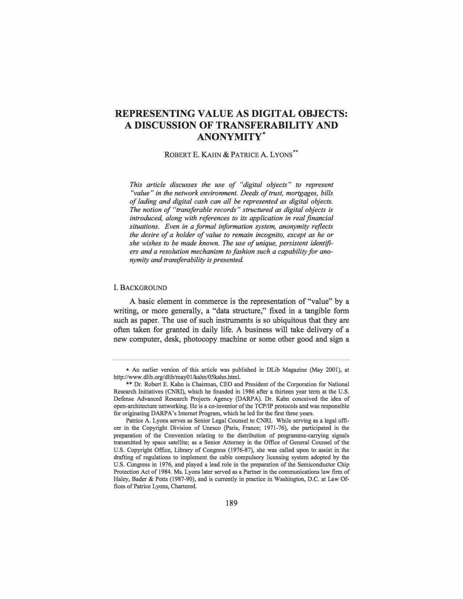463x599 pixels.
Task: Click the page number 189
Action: pyautogui.click(x=231, y=503)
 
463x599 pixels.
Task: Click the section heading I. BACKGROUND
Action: pyautogui.click(x=140, y=288)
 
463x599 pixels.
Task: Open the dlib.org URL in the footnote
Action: pyautogui.click(x=177, y=377)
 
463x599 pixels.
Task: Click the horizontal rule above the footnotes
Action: pyautogui.click(x=231, y=360)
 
